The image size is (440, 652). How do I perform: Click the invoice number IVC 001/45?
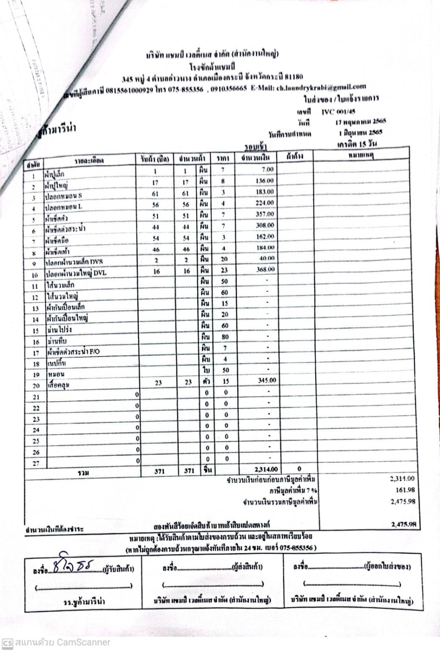338,112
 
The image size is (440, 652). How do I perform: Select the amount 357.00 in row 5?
265,214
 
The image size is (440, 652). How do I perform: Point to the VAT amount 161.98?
404,490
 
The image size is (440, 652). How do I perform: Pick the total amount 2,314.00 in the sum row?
266,470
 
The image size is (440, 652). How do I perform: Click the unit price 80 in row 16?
225,337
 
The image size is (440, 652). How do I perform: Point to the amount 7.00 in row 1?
268,169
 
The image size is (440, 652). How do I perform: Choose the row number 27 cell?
36,463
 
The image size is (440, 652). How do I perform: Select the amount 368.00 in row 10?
265,270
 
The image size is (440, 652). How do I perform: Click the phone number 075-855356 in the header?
185,90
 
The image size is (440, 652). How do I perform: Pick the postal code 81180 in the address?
293,77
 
